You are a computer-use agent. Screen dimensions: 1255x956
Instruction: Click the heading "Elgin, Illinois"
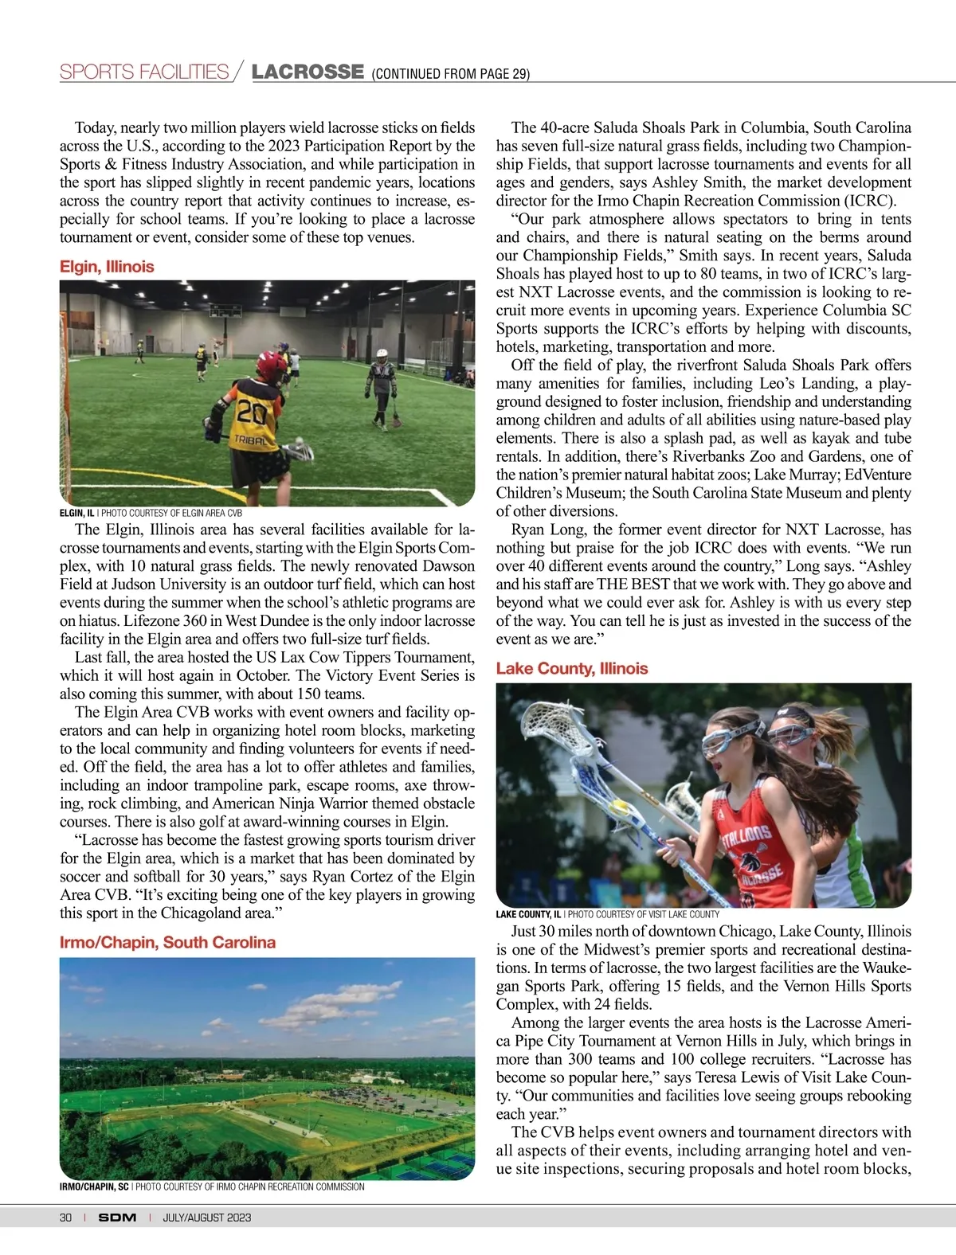(x=107, y=267)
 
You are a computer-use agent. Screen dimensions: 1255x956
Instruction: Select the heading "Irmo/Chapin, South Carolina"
(x=167, y=942)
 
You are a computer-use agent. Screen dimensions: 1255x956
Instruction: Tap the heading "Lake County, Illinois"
(x=571, y=668)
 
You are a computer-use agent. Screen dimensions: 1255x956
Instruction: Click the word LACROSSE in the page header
(x=308, y=72)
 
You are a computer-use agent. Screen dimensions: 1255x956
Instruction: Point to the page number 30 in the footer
(x=65, y=1218)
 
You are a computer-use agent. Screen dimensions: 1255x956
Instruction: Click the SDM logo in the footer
(x=117, y=1218)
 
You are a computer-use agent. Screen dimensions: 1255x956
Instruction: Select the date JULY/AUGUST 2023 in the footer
(x=207, y=1218)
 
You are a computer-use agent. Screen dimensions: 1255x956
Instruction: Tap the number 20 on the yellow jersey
(x=251, y=412)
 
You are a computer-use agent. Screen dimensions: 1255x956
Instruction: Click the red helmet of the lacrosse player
(x=272, y=366)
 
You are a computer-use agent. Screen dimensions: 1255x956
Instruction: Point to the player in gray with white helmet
(x=381, y=386)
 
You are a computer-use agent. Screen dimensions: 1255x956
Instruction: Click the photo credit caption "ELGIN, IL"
(x=77, y=514)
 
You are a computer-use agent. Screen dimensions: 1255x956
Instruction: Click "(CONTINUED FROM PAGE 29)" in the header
(x=450, y=74)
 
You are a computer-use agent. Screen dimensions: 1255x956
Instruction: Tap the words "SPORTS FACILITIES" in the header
(x=144, y=72)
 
